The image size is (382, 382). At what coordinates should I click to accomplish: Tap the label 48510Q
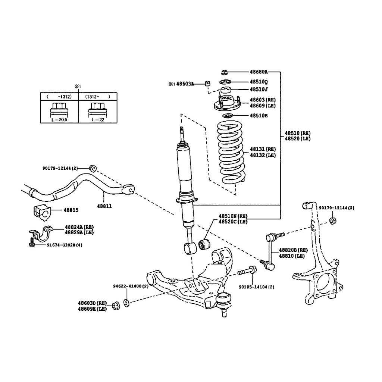point(259,82)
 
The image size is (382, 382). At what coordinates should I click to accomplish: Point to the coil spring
point(231,153)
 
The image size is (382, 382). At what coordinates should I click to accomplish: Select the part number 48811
point(104,206)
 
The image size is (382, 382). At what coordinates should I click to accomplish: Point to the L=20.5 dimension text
point(59,120)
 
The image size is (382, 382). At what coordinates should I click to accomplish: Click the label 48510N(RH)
point(233,216)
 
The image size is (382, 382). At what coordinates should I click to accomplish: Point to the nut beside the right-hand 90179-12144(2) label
point(334,221)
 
